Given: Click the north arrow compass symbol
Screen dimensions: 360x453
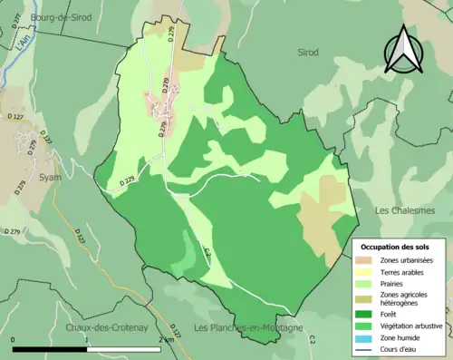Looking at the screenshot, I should coord(403,49).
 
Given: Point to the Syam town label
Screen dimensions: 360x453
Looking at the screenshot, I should coord(51,177).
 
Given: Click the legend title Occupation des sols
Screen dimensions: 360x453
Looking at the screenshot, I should coord(397,247).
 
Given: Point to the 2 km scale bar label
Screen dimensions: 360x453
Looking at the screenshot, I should coord(167,337).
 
